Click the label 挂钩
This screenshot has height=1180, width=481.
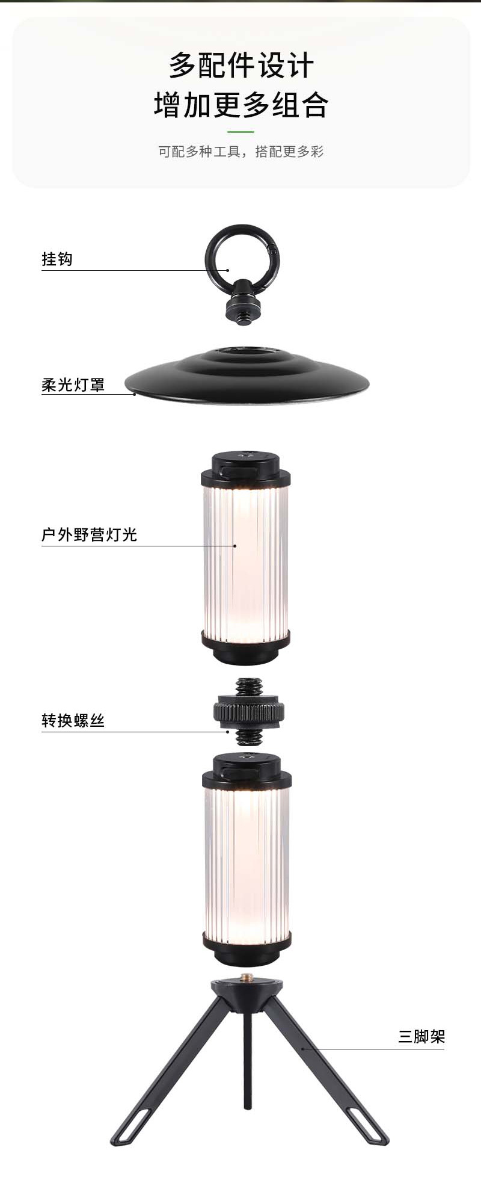57,259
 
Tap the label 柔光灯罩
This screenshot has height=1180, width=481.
73,385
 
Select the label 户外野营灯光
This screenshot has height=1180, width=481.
89,534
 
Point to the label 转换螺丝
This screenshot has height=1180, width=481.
73,720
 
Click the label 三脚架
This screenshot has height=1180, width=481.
421,1036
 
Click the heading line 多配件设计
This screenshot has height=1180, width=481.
240,65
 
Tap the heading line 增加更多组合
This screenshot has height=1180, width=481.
240,105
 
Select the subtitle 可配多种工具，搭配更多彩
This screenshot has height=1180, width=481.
240,152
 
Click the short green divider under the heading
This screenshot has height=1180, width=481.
240,132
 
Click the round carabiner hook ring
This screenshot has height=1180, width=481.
242,253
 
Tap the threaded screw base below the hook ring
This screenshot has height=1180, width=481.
243,309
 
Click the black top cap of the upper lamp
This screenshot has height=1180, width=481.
245,469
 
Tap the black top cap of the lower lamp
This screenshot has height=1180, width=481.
247,770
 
